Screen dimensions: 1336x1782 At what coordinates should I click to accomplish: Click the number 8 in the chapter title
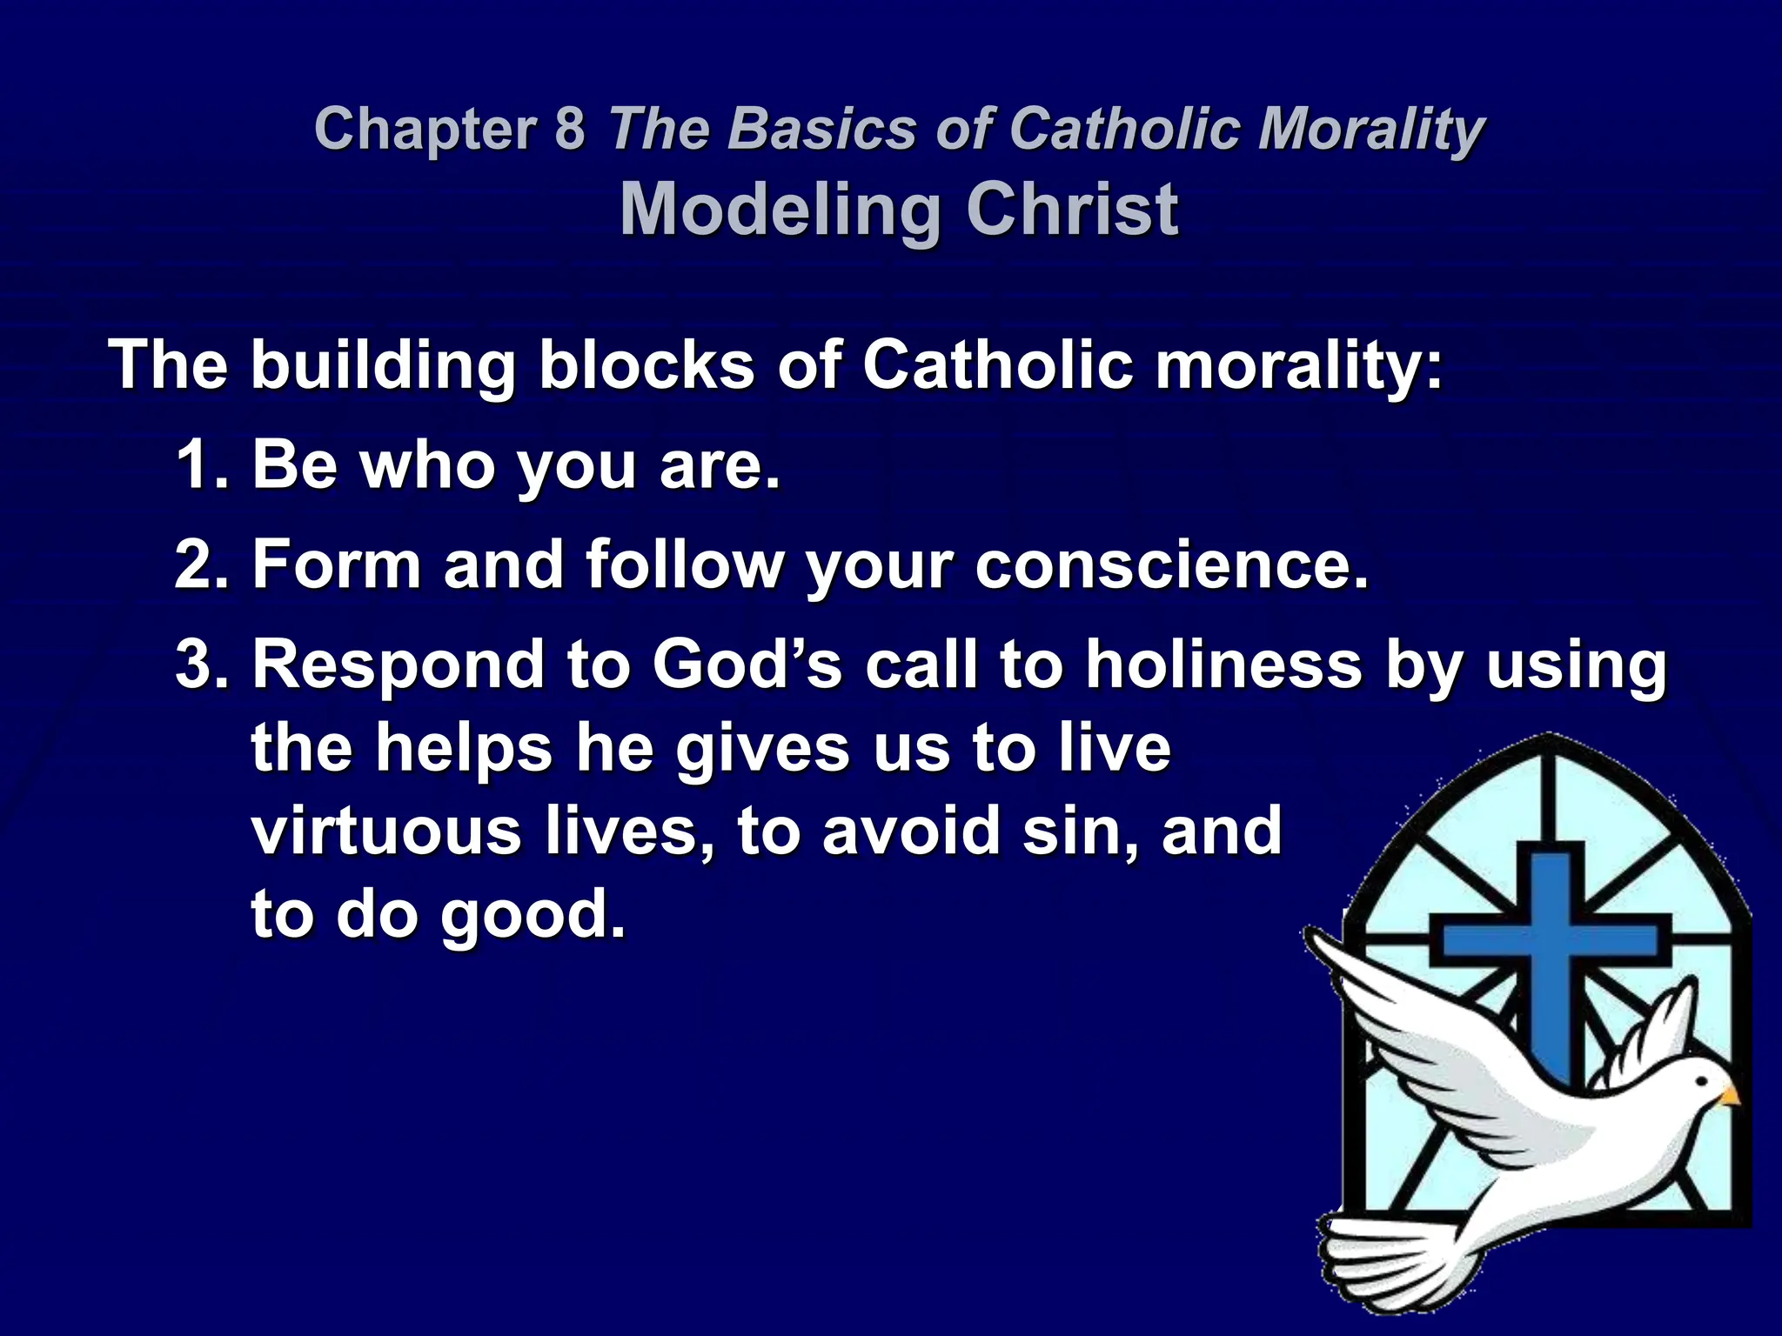[569, 128]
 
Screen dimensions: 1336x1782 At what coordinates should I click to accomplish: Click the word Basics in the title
[823, 128]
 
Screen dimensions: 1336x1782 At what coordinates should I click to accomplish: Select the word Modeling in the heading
[780, 211]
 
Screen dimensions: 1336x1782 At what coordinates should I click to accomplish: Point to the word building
[383, 365]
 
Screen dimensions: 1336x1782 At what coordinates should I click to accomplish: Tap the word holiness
[1223, 665]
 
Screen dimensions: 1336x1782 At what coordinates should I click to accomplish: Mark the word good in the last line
[533, 917]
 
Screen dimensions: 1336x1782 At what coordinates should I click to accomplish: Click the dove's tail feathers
[1375, 1252]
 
